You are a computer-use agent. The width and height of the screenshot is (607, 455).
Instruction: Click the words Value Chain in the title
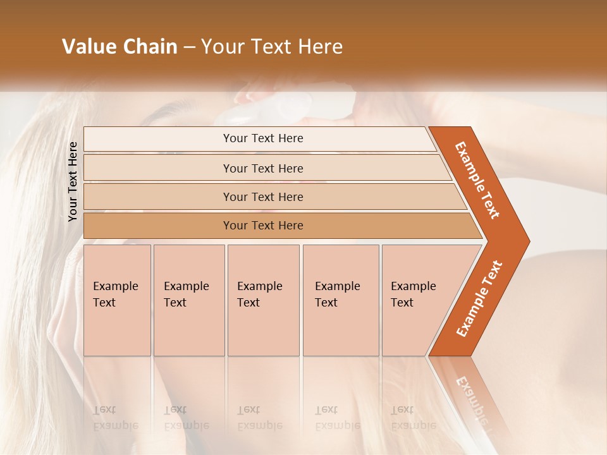[x=120, y=47]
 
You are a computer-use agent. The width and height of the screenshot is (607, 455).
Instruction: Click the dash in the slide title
[x=189, y=47]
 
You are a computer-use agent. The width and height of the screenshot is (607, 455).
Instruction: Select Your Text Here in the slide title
[x=272, y=47]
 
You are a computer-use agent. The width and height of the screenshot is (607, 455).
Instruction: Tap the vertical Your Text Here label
[x=73, y=181]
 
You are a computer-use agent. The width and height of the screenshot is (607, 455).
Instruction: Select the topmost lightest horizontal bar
[x=262, y=138]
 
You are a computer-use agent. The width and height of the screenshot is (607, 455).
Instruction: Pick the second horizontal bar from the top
[x=263, y=168]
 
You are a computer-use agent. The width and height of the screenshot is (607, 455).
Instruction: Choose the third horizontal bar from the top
[x=263, y=197]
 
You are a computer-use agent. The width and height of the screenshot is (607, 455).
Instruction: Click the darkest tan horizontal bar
[x=263, y=226]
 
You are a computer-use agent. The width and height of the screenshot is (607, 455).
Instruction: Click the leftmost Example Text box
[x=117, y=300]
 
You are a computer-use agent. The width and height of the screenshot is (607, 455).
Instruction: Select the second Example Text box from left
[x=188, y=300]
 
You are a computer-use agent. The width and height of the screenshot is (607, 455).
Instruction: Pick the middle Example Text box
[x=263, y=300]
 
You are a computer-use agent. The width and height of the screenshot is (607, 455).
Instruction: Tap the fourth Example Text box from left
[x=340, y=300]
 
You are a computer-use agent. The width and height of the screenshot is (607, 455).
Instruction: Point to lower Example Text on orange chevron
[x=479, y=299]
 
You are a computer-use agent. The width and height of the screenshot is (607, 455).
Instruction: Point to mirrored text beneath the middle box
[x=260, y=418]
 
